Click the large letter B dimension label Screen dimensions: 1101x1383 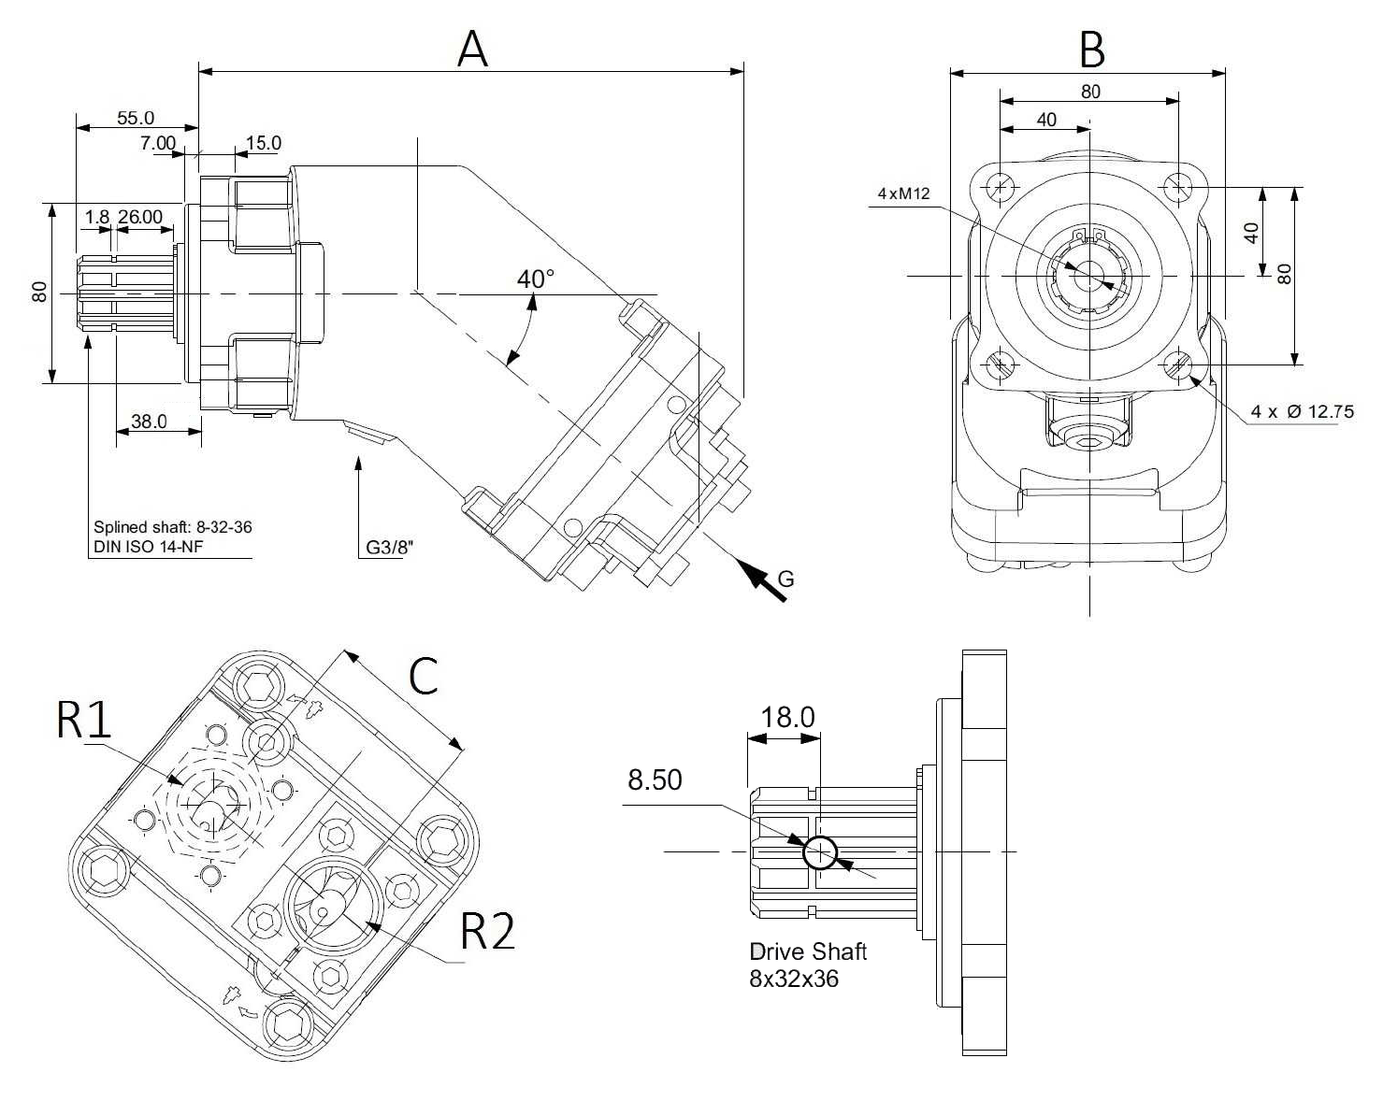point(1091,50)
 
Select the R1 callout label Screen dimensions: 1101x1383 point(84,720)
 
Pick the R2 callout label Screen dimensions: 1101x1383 point(487,931)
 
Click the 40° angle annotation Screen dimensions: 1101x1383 point(535,279)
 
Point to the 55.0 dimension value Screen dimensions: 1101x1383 point(136,118)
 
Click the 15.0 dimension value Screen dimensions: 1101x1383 point(263,143)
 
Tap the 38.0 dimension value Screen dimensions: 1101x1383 point(149,422)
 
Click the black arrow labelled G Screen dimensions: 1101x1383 point(762,577)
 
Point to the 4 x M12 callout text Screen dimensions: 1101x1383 point(903,193)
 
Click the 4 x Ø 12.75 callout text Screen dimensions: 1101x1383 point(1302,411)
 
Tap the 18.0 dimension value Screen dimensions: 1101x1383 point(787,717)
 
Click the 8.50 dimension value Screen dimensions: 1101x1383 point(655,779)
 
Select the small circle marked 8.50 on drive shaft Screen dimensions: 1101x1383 point(820,852)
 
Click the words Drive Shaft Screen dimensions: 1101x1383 point(808,951)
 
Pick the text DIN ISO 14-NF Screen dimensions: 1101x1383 point(148,547)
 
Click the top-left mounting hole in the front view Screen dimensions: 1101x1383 point(1001,187)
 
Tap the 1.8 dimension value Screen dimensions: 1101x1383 point(96,217)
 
